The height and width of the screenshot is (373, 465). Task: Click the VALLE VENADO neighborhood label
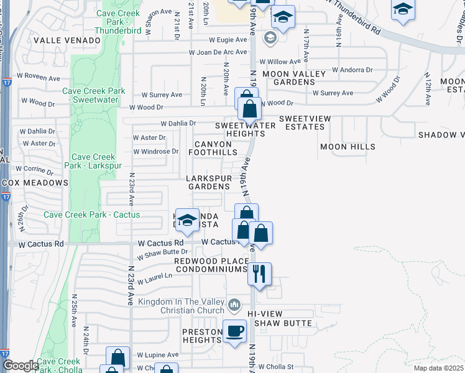click(x=67, y=40)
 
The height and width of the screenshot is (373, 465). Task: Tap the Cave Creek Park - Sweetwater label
click(x=94, y=95)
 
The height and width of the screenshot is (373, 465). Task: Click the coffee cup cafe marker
click(x=235, y=331)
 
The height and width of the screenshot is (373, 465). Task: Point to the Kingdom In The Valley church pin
click(x=234, y=305)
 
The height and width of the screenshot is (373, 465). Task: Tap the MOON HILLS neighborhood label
click(x=348, y=147)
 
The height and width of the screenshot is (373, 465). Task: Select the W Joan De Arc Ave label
click(x=218, y=52)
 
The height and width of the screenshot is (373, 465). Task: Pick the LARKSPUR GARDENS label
click(x=209, y=183)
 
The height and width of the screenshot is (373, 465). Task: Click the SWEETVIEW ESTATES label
click(x=302, y=122)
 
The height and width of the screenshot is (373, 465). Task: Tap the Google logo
click(x=21, y=366)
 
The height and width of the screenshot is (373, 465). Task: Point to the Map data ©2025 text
click(x=438, y=368)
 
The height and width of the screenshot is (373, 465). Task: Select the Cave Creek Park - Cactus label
click(x=92, y=215)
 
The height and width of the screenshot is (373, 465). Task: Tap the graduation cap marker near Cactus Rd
click(x=186, y=220)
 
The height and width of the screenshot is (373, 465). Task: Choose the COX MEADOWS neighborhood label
click(x=35, y=183)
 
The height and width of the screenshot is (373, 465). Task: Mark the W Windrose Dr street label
click(x=155, y=152)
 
